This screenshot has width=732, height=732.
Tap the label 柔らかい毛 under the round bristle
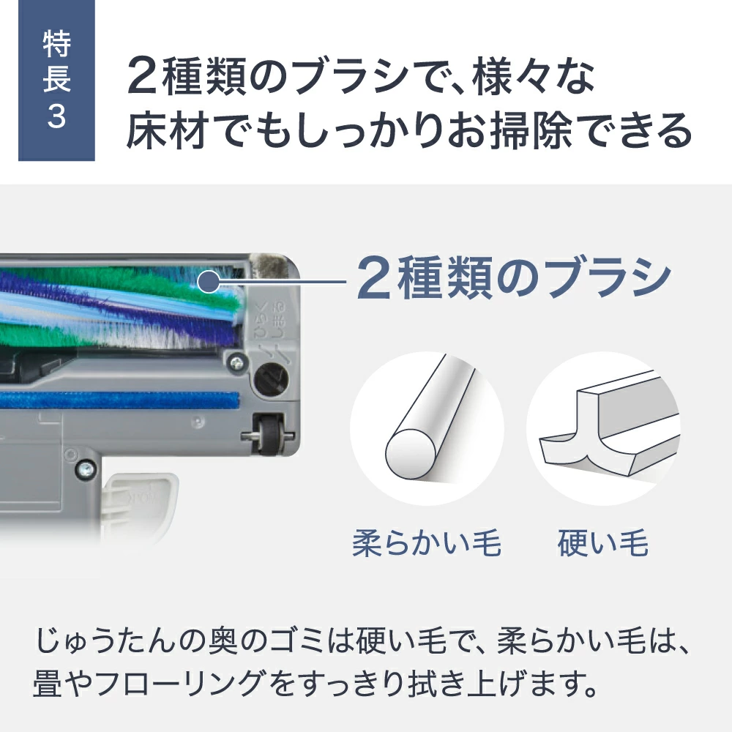427,544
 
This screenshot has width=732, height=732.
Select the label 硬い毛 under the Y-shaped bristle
603,544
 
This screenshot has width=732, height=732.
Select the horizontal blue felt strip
117,400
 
